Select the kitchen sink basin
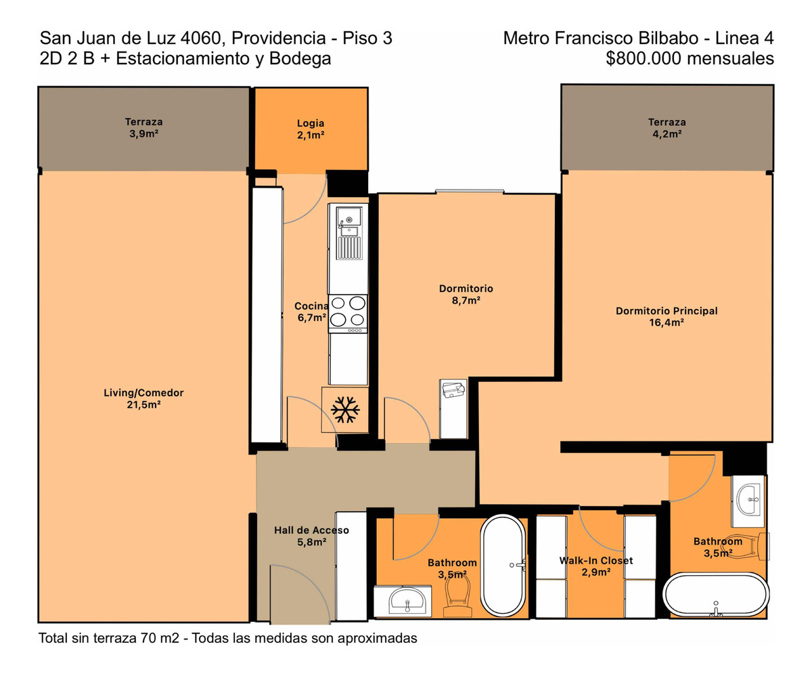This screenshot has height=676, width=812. point(349,219)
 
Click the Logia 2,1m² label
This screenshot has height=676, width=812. point(311,129)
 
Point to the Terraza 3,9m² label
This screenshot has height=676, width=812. point(143,127)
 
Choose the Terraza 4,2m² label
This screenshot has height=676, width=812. point(667,128)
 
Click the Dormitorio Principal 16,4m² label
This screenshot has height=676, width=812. point(667,316)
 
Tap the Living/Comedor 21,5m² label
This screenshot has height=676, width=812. point(143,398)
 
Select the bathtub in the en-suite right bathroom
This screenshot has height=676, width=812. point(716,594)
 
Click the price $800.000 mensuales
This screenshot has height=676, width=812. point(690,59)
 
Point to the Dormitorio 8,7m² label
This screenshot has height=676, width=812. point(466,294)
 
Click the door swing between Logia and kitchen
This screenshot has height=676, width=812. point(303,199)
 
